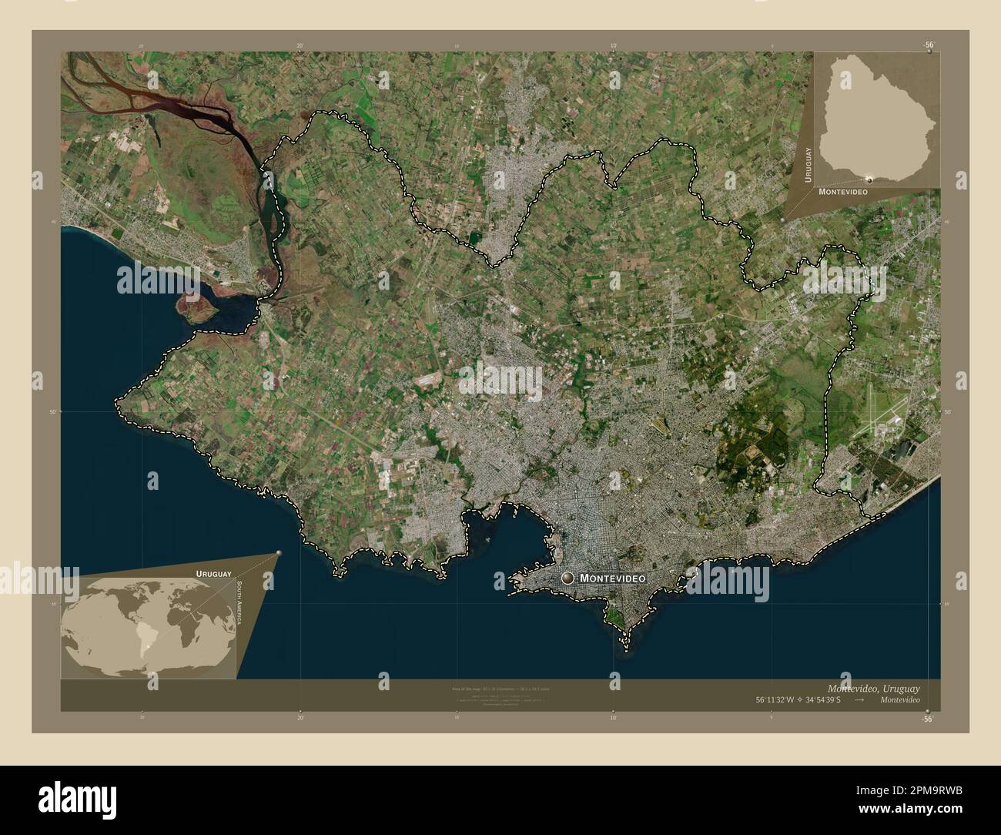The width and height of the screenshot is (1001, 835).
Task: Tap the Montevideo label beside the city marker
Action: point(611,578)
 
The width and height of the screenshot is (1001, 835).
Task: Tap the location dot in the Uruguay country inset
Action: point(869,179)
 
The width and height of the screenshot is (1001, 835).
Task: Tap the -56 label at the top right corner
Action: point(929,45)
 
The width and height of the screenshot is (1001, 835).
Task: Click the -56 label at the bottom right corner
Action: point(929,718)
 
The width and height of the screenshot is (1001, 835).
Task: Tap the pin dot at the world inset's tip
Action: point(279,552)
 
